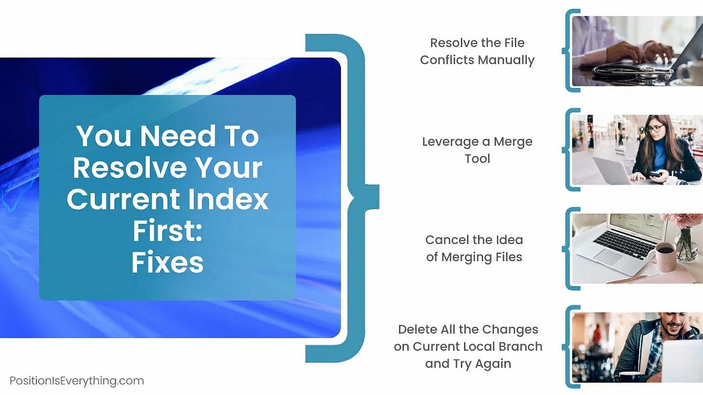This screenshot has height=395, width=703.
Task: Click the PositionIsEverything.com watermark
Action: [77, 381]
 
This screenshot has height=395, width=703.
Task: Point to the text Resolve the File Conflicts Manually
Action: [477, 51]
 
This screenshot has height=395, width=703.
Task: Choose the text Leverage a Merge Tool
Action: [477, 150]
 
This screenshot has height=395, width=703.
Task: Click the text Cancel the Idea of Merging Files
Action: [474, 248]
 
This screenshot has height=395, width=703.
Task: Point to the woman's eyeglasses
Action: [655, 128]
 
